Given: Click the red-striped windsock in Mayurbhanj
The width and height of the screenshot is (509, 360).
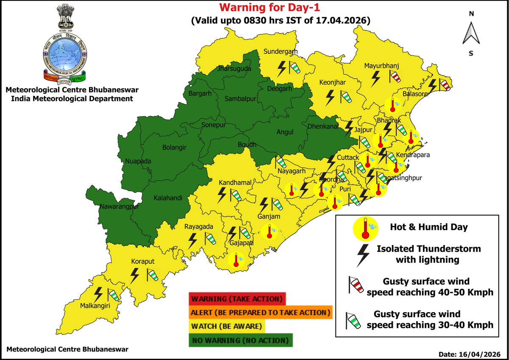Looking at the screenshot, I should click(x=395, y=77).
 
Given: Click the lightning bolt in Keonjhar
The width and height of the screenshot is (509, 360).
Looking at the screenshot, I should click(x=330, y=97).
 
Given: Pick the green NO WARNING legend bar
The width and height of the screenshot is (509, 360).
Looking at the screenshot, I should click(x=240, y=340).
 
